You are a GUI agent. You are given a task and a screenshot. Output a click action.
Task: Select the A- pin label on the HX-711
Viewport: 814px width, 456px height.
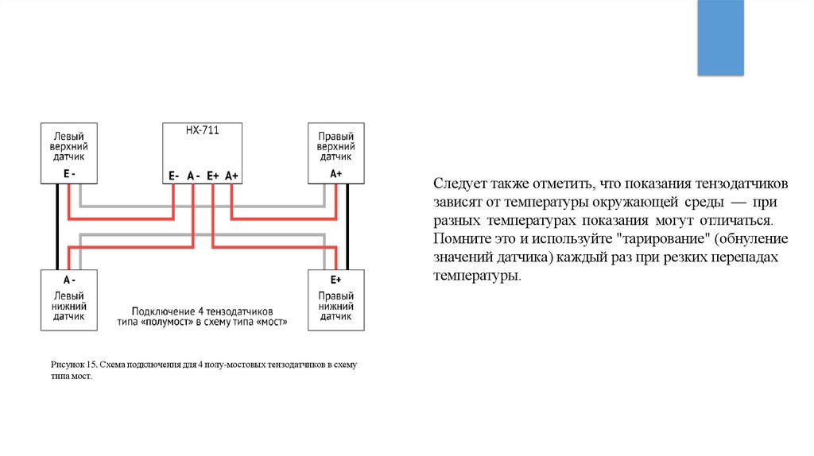(x=193, y=176)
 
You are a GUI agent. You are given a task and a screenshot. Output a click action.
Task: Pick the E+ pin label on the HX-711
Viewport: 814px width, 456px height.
(x=212, y=176)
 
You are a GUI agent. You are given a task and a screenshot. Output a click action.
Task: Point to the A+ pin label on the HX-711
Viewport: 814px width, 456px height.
(x=231, y=176)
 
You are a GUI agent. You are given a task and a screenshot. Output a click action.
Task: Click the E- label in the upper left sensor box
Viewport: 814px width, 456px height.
(x=69, y=172)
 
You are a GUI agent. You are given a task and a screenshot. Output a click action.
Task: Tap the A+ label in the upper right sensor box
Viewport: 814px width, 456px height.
(x=335, y=172)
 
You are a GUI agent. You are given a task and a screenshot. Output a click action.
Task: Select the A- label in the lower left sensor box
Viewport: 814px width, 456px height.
(x=69, y=280)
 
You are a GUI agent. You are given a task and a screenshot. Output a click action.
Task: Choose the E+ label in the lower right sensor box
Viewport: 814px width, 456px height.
(x=335, y=280)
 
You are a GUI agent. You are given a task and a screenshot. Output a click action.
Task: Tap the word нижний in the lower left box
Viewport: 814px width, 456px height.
(x=69, y=306)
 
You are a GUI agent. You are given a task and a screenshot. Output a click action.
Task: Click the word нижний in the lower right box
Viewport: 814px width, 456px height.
(x=335, y=306)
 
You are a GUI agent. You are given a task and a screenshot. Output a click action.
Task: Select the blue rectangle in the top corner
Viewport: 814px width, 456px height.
(x=720, y=37)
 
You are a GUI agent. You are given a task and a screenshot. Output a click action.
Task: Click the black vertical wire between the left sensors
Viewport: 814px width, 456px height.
(x=56, y=226)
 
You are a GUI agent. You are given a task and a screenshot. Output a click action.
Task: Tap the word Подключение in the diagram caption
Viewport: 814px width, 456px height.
(x=162, y=311)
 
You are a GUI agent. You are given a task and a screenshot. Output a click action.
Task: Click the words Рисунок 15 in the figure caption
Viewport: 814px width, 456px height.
(x=72, y=365)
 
